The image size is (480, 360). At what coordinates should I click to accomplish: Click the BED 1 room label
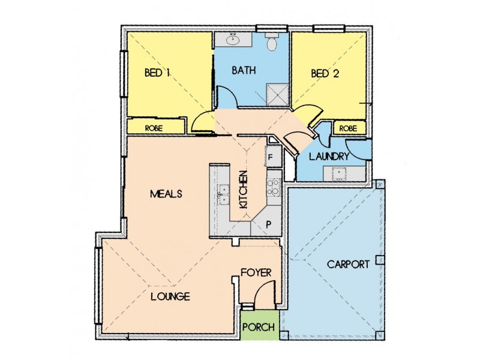click(158, 73)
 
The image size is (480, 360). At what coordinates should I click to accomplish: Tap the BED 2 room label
click(324, 74)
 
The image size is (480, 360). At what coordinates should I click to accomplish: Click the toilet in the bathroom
click(271, 43)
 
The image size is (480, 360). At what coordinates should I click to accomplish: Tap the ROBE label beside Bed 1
click(154, 128)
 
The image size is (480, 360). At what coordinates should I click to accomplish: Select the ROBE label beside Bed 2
click(349, 128)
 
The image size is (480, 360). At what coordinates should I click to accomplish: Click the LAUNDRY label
click(329, 156)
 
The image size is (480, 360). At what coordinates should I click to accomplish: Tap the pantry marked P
click(268, 224)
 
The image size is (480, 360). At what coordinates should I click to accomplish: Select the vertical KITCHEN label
click(244, 190)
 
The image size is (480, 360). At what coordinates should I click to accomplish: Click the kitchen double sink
click(223, 191)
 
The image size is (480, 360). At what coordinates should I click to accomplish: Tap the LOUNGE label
click(170, 296)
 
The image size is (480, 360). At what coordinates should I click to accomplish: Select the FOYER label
click(256, 272)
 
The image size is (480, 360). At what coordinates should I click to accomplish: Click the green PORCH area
click(260, 327)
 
